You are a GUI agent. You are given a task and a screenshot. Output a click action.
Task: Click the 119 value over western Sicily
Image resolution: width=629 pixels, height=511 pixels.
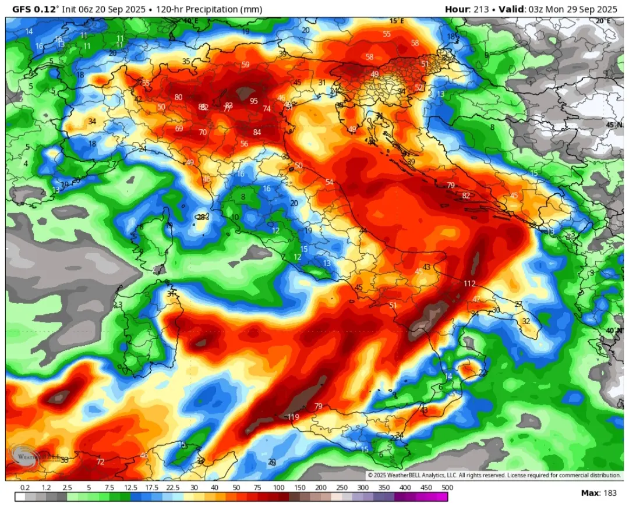point(293,417)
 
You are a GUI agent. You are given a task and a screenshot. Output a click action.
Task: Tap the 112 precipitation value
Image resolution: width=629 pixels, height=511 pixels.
point(469,284)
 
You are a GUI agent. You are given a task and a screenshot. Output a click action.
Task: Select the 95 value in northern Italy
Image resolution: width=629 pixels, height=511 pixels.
point(253,101)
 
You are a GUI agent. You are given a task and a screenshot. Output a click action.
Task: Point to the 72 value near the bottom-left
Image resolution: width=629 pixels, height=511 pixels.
point(100,462)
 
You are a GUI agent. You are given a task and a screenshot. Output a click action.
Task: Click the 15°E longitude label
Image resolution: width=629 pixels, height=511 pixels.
point(397,21)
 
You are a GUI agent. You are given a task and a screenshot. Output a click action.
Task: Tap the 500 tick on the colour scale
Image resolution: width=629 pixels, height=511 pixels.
point(447,488)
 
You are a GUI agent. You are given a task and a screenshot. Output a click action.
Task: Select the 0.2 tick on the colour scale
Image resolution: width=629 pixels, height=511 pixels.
point(25,488)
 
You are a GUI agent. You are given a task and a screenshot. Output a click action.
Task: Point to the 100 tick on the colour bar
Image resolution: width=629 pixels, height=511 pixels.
point(278,488)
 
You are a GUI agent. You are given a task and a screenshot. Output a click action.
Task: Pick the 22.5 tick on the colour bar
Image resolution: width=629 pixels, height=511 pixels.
point(172,488)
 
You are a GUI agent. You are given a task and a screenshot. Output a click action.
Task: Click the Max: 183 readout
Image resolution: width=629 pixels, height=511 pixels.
point(599,493)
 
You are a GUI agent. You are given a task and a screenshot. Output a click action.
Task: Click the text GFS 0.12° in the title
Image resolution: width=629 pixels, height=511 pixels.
point(38,9)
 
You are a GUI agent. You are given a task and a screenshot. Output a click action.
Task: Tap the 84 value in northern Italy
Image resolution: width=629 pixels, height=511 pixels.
point(257,132)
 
